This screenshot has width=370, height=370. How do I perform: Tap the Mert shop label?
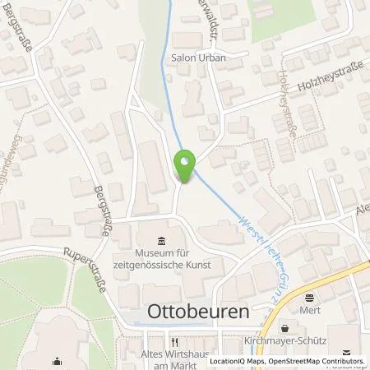tap(310, 312)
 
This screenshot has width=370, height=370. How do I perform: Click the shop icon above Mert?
tap(309, 298)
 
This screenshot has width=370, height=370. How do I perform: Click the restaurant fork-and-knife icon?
tap(173, 342)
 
